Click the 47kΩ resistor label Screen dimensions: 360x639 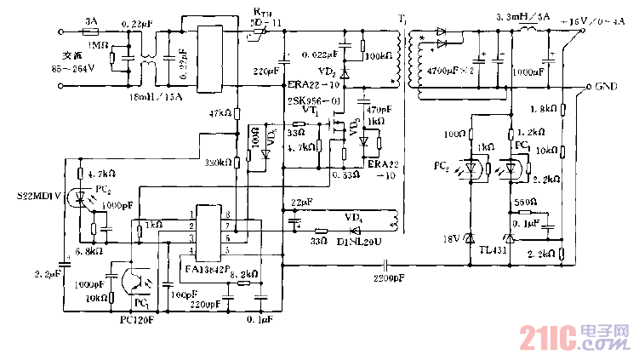click(220, 112)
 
